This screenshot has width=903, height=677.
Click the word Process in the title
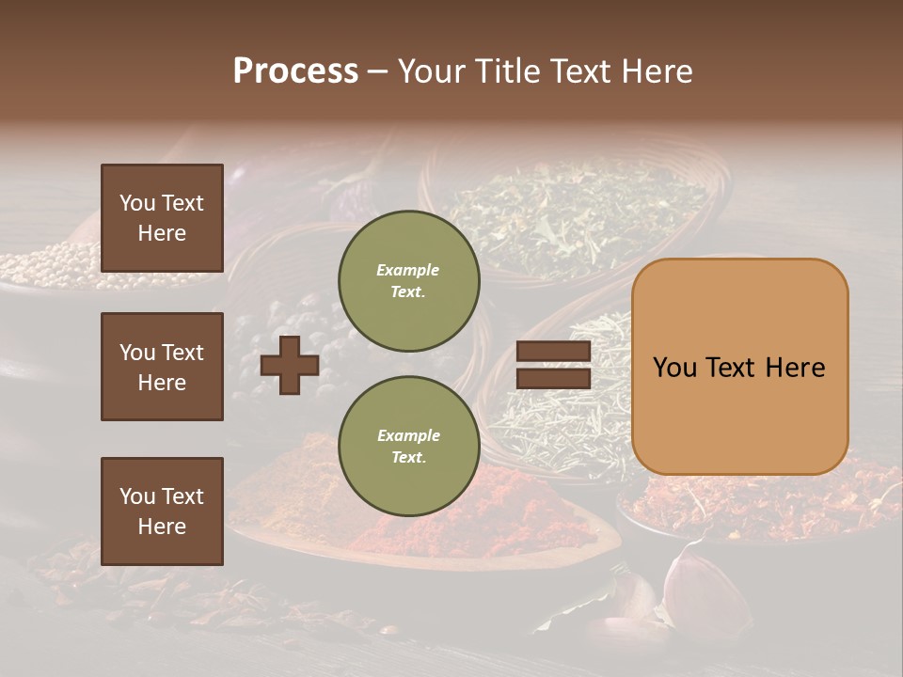[x=295, y=71]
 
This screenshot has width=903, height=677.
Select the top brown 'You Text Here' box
[x=162, y=218]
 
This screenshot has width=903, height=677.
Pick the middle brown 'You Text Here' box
[x=162, y=367]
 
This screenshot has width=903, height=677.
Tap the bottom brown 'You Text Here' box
[x=162, y=511]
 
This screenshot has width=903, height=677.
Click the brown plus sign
[x=289, y=365]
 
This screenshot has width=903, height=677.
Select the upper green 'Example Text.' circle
[x=408, y=280]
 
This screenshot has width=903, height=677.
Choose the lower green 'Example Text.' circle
[x=408, y=446]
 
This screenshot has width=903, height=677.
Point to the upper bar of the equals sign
[x=553, y=352]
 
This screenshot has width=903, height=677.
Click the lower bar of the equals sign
[x=553, y=378]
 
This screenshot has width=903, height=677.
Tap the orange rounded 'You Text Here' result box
[x=739, y=367]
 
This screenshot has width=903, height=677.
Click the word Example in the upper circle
[x=407, y=270]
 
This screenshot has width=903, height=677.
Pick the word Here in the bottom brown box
[x=162, y=527]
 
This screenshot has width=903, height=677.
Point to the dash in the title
[x=377, y=71]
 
